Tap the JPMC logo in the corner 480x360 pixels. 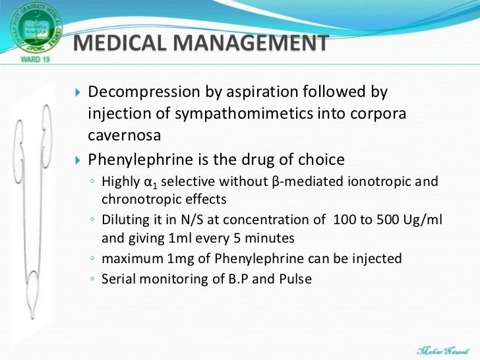point(33,28)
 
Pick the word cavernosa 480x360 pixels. point(119,135)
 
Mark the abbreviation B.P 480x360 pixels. point(247,278)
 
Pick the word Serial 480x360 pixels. point(117,278)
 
